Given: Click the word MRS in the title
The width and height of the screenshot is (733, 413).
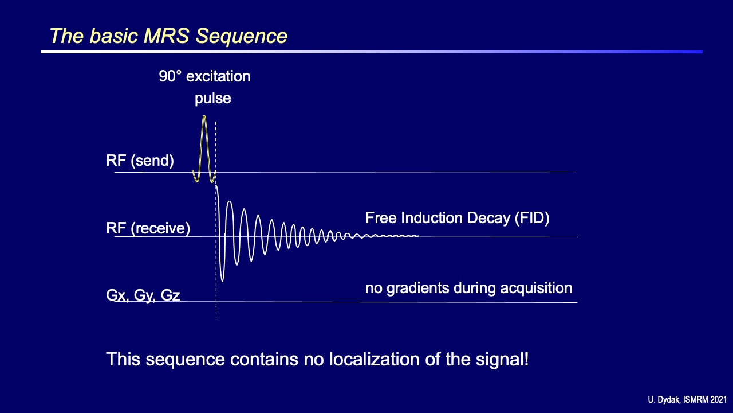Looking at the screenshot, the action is coord(166,36).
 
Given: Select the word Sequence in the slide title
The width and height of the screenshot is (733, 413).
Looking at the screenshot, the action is coord(242,36).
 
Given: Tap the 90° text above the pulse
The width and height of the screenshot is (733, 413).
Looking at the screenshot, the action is coord(170,76).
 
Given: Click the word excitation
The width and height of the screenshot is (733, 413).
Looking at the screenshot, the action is coord(218,76).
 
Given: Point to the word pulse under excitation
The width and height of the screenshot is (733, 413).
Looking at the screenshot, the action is coord(212,99).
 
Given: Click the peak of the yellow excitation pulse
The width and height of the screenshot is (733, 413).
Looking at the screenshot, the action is coord(204,116).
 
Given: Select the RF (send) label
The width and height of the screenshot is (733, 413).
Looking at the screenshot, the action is coord(140,161).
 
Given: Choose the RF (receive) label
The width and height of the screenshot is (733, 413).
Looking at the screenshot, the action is coord(148,228).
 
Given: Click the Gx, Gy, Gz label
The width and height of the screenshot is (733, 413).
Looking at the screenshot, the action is coord(143,295).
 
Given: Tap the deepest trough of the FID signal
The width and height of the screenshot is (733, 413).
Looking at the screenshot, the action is coord(223,281).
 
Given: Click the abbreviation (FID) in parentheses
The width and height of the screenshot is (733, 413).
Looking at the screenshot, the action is coord(532,218).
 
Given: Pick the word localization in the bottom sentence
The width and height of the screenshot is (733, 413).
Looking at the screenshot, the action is coord(375,359).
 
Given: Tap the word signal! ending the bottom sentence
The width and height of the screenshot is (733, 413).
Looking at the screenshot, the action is coord(502,359).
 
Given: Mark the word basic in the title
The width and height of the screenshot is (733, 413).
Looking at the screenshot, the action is coord(113,36).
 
